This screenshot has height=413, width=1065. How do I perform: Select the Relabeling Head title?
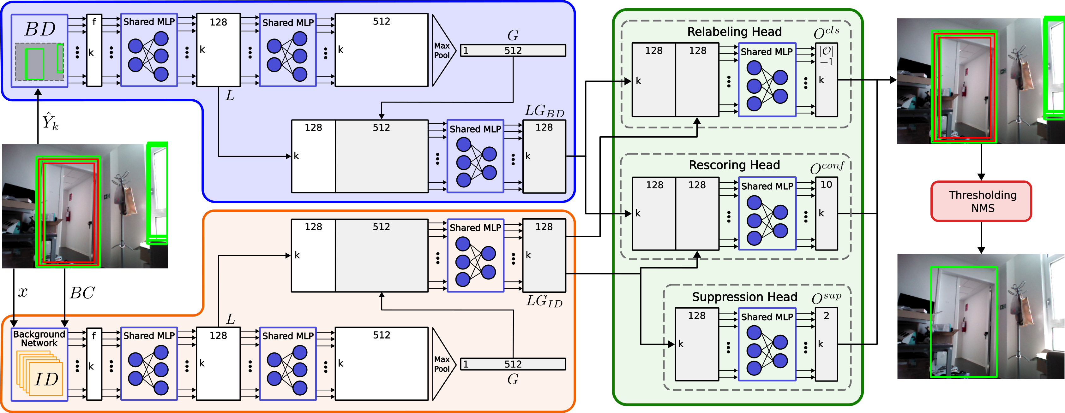pos(734,32)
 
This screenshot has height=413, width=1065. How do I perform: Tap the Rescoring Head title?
pos(734,165)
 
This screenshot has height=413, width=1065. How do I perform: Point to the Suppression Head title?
pos(744,297)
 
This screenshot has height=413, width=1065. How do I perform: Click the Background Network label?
pos(39,339)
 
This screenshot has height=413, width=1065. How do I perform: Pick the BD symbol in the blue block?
pos(40,29)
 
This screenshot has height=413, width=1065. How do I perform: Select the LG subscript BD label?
pos(544,111)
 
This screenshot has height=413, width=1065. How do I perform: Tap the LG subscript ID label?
pos(544,301)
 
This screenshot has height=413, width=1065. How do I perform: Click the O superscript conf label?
pos(827,167)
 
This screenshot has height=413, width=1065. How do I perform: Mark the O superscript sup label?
pos(826,298)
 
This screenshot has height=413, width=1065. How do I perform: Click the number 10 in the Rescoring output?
pos(826,185)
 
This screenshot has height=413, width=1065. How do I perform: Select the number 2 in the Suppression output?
pos(826,316)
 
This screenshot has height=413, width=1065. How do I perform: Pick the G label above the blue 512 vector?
pos(513,36)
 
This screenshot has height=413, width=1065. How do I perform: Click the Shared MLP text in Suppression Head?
pos(767,317)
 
